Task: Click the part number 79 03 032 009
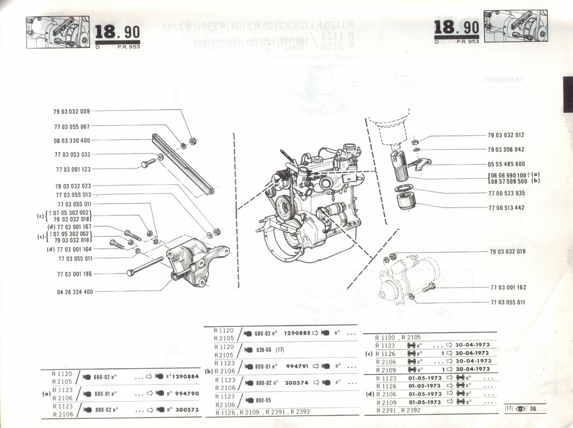coord(72,112)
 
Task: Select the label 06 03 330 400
coord(72,141)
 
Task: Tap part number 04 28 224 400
coord(75,292)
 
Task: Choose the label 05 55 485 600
coord(506,164)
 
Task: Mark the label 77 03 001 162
coord(508,287)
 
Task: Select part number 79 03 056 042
coord(506,150)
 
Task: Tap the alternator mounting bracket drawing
coord(195,265)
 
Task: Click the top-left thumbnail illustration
coord(57,32)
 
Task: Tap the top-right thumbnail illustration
coord(515,26)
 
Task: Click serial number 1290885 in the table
coord(297,333)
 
